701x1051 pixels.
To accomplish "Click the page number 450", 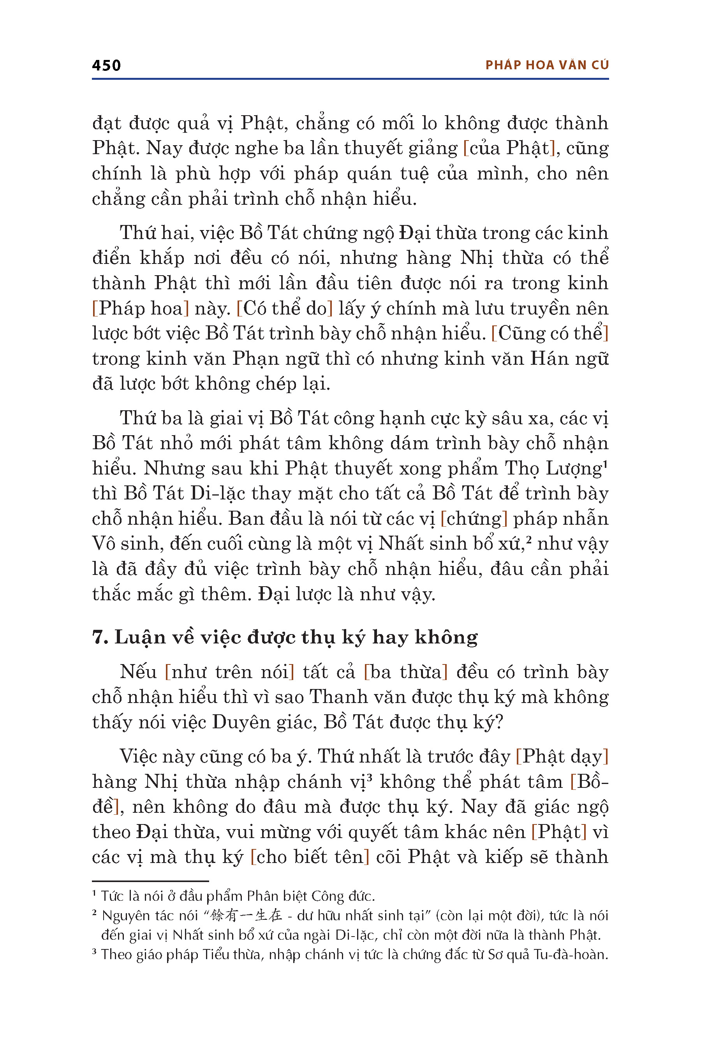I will [x=106, y=66].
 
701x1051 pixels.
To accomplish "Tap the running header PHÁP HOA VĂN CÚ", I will [x=547, y=65].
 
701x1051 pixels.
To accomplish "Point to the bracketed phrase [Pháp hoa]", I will [x=140, y=308].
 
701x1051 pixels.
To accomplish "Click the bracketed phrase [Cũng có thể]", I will [x=550, y=333].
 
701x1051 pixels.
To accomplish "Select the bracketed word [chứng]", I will [x=474, y=519].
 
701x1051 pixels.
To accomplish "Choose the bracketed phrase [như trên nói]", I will [x=229, y=672].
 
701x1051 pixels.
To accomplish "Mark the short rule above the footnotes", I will [x=150, y=881].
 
